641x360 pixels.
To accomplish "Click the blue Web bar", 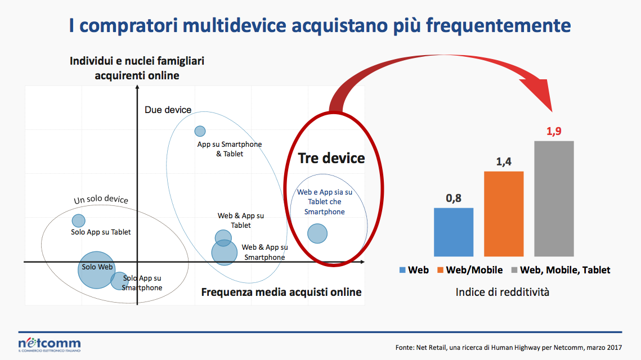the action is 454,232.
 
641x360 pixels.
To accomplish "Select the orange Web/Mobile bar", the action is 504,214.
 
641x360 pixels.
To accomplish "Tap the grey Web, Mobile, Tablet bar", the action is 554,199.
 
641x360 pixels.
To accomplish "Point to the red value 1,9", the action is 554,131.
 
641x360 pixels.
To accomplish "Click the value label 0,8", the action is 454,198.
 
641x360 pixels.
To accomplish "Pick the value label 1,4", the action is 504,162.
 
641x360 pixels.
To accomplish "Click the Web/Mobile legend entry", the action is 470,270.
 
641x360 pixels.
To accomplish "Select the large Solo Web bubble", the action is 96,270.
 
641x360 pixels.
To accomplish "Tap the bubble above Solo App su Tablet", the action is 78,220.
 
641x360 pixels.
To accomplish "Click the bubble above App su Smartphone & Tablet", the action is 200,131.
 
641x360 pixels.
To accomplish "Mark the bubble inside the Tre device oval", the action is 317,234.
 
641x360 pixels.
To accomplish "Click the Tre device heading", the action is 331,158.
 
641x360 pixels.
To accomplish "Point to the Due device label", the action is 168,110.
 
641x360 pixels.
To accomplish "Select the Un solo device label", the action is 101,199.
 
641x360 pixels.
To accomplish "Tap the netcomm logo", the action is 50,344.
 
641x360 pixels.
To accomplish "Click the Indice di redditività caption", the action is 503,292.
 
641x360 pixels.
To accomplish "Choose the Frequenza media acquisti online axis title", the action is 281,292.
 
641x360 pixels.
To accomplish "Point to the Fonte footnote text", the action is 509,348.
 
